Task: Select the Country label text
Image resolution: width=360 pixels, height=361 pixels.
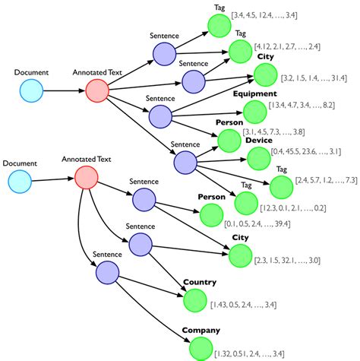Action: click(199, 283)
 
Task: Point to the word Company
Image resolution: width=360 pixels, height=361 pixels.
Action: click(201, 331)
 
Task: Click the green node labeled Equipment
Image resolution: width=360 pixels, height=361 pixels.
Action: click(256, 112)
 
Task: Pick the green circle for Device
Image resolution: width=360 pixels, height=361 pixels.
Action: click(259, 159)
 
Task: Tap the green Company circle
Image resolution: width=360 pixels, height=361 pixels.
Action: click(201, 348)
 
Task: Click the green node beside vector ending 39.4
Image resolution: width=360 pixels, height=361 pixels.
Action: click(212, 215)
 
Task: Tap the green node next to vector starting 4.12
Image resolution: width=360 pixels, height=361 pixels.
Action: click(241, 51)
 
